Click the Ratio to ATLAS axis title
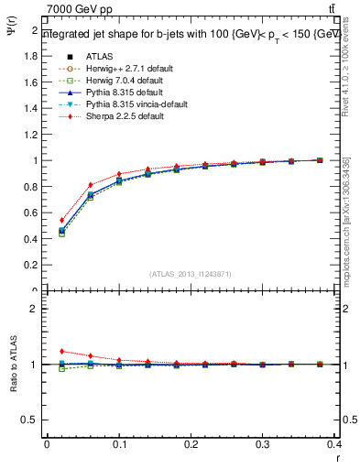pyautogui.click(x=13, y=365)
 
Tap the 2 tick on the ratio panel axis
pyautogui.click(x=36, y=309)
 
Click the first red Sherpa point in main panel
pyautogui.click(x=61, y=220)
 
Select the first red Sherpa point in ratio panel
pyautogui.click(x=61, y=351)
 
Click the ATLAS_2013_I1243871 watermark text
pyautogui.click(x=190, y=274)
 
